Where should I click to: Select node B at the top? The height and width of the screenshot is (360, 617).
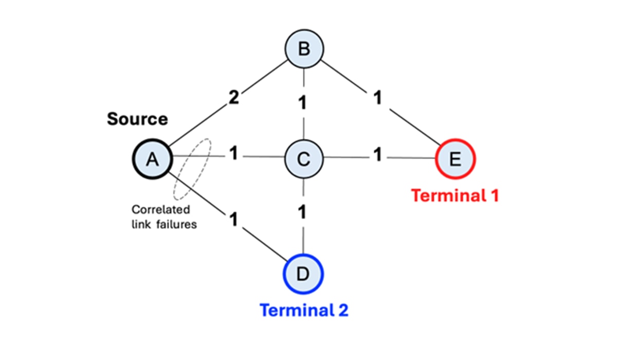(304, 49)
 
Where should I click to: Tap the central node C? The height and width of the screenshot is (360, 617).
(304, 160)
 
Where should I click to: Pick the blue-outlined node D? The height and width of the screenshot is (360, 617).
(303, 273)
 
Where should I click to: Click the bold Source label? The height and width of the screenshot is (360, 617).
(137, 119)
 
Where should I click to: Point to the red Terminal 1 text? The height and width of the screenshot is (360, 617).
(455, 195)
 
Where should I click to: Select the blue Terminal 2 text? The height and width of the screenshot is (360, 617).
(304, 310)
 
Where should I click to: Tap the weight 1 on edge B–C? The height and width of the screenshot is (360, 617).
(303, 103)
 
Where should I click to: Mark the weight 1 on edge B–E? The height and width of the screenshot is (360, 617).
(378, 98)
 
